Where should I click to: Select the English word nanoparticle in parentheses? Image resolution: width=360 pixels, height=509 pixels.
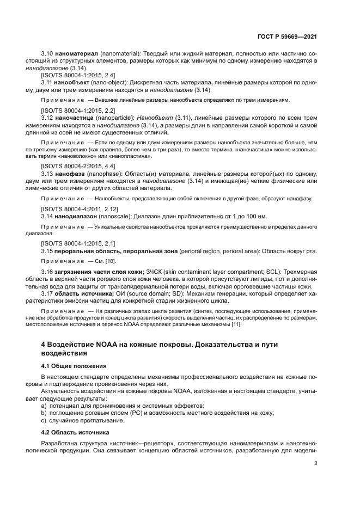tap(114, 117)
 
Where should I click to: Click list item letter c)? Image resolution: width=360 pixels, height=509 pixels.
tap(44, 421)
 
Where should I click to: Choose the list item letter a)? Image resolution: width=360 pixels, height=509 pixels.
tap(44, 406)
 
